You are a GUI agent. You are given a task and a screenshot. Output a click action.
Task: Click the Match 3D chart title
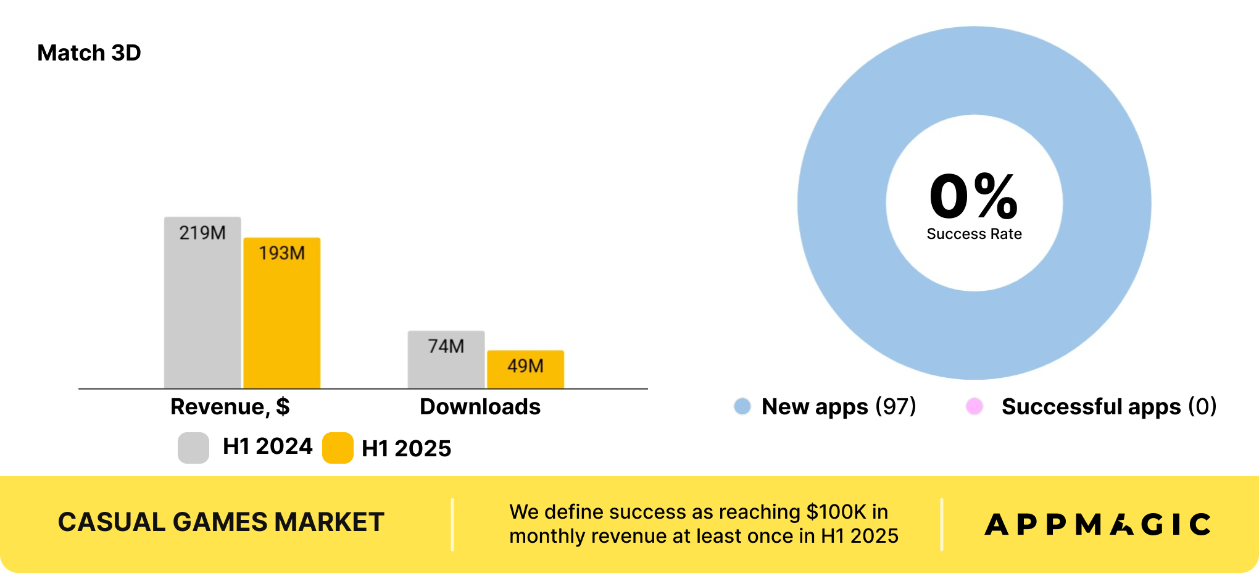pyautogui.click(x=89, y=53)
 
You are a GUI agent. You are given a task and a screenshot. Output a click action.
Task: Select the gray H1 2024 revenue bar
pyautogui.click(x=202, y=303)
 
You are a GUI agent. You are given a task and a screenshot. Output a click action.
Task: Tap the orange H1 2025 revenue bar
pyautogui.click(x=282, y=313)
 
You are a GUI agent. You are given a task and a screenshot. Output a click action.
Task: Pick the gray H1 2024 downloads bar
pyautogui.click(x=446, y=360)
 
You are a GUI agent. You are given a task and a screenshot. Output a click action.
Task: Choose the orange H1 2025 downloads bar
pyautogui.click(x=526, y=370)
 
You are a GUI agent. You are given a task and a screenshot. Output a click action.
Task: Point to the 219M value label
pyautogui.click(x=202, y=233)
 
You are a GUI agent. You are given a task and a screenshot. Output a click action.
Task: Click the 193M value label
pyautogui.click(x=282, y=253)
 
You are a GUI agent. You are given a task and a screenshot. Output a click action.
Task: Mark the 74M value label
pyautogui.click(x=446, y=346)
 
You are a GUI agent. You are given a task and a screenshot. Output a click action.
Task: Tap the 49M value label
pyautogui.click(x=526, y=366)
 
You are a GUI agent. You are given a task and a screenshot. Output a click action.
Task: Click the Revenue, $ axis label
pyautogui.click(x=230, y=407)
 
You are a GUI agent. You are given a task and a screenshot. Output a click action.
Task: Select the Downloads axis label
pyautogui.click(x=480, y=407)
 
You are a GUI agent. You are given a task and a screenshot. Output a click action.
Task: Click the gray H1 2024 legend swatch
pyautogui.click(x=193, y=448)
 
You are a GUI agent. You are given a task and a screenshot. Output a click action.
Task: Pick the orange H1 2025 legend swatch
pyautogui.click(x=338, y=448)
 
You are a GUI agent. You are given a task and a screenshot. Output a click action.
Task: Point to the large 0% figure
pyautogui.click(x=974, y=196)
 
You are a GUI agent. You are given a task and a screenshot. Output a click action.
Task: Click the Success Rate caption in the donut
pyautogui.click(x=974, y=234)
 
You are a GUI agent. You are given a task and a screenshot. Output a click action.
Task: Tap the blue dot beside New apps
pyautogui.click(x=742, y=406)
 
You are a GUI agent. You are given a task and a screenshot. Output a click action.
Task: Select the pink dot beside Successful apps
pyautogui.click(x=974, y=406)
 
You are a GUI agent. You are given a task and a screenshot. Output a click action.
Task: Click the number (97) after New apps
pyautogui.click(x=895, y=407)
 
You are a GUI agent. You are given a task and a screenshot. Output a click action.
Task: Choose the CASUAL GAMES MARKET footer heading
pyautogui.click(x=221, y=522)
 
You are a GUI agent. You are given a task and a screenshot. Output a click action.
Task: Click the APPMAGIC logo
pyautogui.click(x=1098, y=524)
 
